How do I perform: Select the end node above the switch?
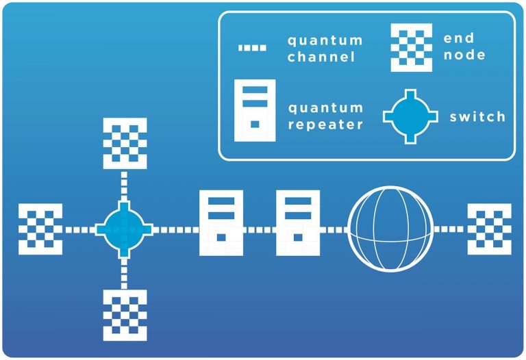pos(125,143)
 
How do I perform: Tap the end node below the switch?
pos(125,315)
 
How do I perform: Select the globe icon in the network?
pos(391,228)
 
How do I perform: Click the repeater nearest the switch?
pos(221,223)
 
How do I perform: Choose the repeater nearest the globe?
pos(298,223)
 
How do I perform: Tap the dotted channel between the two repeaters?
pos(260,229)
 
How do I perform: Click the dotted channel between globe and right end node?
pos(451,229)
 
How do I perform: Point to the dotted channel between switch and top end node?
pos(124,185)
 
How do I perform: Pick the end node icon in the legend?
pos(411,47)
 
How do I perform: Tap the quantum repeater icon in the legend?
pos(255,110)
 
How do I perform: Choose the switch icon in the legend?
pos(409,116)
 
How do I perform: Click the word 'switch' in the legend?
pos(477,117)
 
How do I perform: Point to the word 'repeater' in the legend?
pos(325,125)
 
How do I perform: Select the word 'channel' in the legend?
pos(321,57)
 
